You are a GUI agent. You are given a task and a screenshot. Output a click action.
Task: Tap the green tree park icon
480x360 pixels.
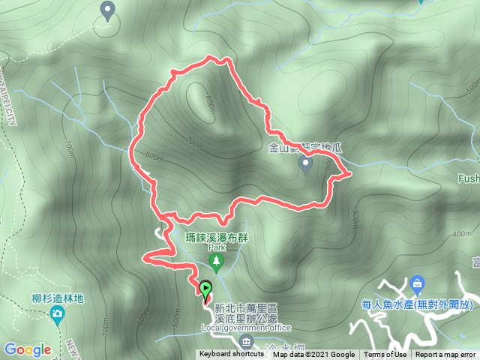pos(217,262)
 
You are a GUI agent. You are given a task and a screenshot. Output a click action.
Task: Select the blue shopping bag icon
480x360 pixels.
pos(418,284)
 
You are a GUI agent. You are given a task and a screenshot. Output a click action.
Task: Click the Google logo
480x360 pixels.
pos(28,349)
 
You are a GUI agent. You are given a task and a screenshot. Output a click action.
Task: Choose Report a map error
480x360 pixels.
pos(445,355)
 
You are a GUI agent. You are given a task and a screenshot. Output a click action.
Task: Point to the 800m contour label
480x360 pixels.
pos(209,102)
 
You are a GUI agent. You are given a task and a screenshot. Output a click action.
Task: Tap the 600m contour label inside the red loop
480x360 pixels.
pos(154,156)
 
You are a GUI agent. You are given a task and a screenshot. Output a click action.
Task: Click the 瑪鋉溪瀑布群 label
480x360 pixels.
pos(217,237)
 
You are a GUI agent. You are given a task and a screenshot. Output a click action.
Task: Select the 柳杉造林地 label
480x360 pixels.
pos(57,297)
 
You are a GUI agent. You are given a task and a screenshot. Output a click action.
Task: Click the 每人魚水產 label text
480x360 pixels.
pos(415,304)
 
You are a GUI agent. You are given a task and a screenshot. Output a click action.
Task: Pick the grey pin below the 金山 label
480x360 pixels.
pos(306,166)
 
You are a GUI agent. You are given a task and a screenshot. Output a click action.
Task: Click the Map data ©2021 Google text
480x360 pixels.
pos(313,355)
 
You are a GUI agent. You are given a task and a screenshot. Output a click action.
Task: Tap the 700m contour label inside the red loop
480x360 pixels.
pos(194,142)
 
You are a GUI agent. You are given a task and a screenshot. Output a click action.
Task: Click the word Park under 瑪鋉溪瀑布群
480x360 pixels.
pos(217,247)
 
